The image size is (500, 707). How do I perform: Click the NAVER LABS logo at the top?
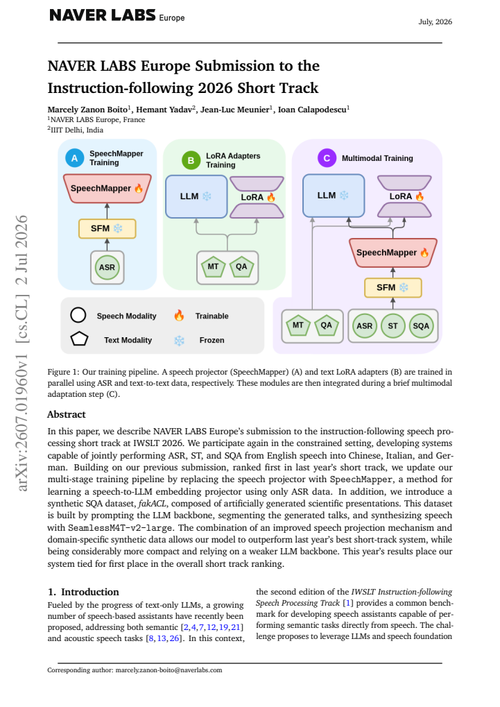[x=117, y=16]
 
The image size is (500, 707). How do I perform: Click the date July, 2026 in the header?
[x=435, y=22]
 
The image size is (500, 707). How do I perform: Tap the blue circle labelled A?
[x=74, y=158]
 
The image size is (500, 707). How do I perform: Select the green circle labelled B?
[x=191, y=160]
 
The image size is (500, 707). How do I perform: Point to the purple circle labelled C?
[x=327, y=158]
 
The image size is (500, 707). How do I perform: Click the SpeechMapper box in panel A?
[x=107, y=189]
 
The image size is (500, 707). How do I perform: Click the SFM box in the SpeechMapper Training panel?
[x=107, y=228]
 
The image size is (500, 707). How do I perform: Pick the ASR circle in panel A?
[x=107, y=267]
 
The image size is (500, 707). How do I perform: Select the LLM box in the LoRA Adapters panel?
[x=196, y=196]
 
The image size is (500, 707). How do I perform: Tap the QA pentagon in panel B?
[x=241, y=267]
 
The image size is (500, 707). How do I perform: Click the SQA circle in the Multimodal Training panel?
[x=421, y=326]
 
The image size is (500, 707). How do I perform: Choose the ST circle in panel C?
[x=393, y=326]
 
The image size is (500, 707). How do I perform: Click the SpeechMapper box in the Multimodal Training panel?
[x=393, y=253]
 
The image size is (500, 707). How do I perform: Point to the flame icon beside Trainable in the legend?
[x=179, y=316]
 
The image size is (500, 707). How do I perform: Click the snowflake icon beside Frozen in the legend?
[x=179, y=341]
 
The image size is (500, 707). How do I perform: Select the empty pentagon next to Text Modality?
[x=79, y=339]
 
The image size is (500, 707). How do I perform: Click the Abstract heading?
[x=67, y=414]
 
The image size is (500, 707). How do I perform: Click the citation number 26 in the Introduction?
[x=174, y=638]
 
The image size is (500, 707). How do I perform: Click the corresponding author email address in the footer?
[x=169, y=670]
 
